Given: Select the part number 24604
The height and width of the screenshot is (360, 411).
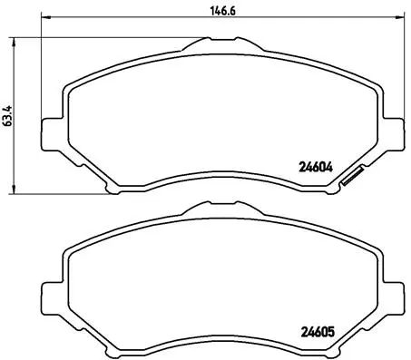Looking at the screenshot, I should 317,166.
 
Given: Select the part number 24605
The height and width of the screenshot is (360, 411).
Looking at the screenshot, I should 317,330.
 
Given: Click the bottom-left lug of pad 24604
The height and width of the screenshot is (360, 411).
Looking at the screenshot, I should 112,188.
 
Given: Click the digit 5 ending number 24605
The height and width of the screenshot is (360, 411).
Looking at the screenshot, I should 331,330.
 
